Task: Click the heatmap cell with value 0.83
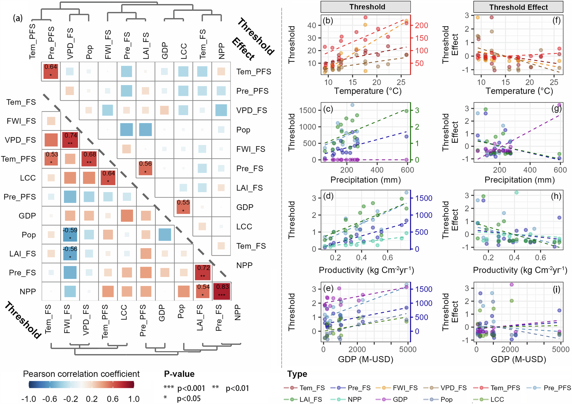pyautogui.click(x=222, y=291)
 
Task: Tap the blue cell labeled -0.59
pyautogui.click(x=70, y=234)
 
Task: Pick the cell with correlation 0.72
pyautogui.click(x=203, y=272)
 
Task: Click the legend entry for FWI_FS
pyautogui.click(x=405, y=388)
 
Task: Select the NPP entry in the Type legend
pyautogui.click(x=354, y=399)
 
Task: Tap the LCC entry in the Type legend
pyautogui.click(x=497, y=399)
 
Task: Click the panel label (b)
pyautogui.click(x=328, y=21)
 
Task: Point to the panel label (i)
pyautogui.click(x=556, y=289)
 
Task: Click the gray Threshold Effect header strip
pyautogui.click(x=518, y=7)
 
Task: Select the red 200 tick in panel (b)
pyautogui.click(x=421, y=25)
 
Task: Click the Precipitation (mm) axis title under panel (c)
pyautogui.click(x=365, y=180)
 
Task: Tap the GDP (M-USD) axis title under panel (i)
pyautogui.click(x=518, y=359)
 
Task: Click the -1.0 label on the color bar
pyautogui.click(x=29, y=399)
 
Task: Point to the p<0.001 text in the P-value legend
pyautogui.click(x=191, y=388)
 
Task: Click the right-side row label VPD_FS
pyautogui.click(x=252, y=110)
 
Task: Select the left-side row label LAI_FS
pyautogui.click(x=23, y=254)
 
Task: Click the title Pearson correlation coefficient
pyautogui.click(x=81, y=374)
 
